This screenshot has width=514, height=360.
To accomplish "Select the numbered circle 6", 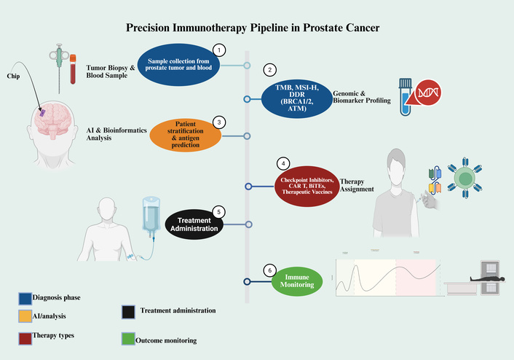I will point(270,270).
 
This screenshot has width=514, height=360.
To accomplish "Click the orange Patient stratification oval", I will point(186,133).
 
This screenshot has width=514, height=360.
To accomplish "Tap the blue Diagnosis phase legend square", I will point(25,297).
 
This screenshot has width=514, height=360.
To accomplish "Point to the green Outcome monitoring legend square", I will point(130,340).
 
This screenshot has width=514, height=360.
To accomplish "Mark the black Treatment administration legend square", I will point(130,312).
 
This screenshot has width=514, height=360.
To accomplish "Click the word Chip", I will point(14,75).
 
